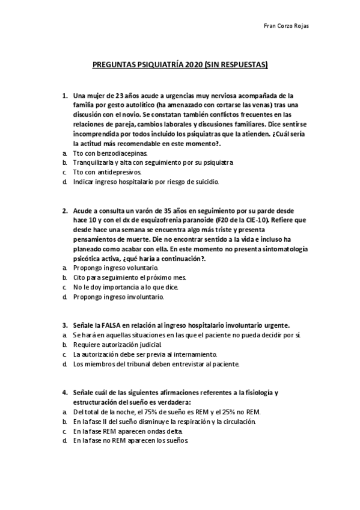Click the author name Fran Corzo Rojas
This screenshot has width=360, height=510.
point(287,27)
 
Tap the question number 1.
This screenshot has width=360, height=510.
point(64,96)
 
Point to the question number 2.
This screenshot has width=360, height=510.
point(64,211)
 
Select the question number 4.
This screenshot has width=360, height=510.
point(64,393)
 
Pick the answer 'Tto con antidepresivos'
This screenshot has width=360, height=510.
point(107,172)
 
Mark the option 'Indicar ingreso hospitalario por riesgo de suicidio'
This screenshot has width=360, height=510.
point(146,181)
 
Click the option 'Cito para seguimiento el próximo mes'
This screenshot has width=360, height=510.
point(129,277)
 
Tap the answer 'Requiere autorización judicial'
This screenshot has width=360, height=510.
point(117,345)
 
